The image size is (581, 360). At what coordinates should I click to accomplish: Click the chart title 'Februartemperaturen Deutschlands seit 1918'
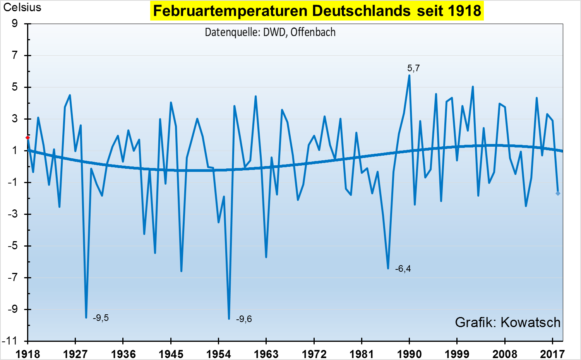317,11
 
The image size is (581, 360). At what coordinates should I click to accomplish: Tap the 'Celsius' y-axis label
22,8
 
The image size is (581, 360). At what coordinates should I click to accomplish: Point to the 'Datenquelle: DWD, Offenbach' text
270,32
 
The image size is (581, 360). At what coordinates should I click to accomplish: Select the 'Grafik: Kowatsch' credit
507,322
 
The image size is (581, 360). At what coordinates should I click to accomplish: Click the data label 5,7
413,69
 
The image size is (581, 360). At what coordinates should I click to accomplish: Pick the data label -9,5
101,318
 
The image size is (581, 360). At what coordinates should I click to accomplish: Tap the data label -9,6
244,319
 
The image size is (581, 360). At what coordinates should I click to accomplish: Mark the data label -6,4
403,269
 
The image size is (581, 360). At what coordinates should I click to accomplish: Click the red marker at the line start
27,138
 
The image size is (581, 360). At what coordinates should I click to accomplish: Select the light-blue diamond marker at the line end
558,193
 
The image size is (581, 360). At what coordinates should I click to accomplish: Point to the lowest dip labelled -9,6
229,319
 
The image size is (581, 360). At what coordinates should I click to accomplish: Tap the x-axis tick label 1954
218,354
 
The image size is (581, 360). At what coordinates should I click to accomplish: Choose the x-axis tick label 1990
409,354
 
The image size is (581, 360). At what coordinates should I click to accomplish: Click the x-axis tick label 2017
552,354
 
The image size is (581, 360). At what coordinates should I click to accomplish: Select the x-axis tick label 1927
75,354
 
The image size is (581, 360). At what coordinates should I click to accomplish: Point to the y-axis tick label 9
15,24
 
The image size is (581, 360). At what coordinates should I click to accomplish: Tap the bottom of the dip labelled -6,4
388,268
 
